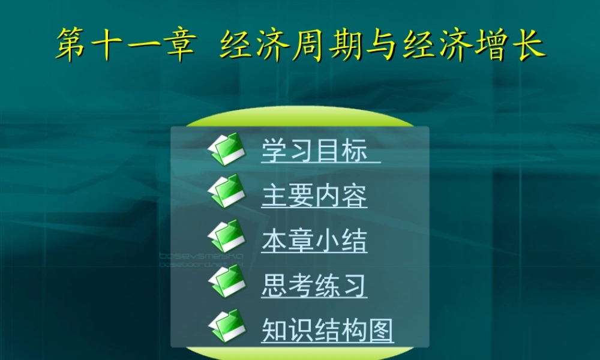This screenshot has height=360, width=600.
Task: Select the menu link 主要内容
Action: [314, 196]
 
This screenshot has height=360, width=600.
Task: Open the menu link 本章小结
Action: [314, 241]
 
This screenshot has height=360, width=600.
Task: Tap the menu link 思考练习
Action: [314, 286]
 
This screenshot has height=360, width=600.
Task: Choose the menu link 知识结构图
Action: [328, 330]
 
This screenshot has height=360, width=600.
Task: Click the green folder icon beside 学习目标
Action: [227, 149]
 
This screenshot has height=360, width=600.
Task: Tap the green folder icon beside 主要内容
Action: [227, 192]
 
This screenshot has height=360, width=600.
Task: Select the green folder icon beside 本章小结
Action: [227, 236]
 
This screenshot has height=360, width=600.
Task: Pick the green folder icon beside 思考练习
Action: [227, 281]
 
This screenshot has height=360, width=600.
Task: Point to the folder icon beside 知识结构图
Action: [227, 326]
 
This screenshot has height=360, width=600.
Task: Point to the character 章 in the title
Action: [178, 44]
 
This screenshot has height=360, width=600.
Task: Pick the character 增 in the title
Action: [486, 44]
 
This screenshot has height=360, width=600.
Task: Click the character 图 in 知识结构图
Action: [380, 330]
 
